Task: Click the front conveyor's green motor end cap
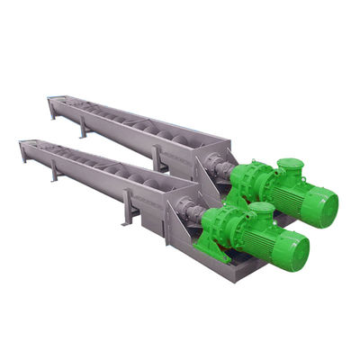pyautogui.click(x=297, y=251)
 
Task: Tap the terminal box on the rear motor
pyautogui.click(x=290, y=167)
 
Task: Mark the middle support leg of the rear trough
pyautogui.click(x=84, y=128)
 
